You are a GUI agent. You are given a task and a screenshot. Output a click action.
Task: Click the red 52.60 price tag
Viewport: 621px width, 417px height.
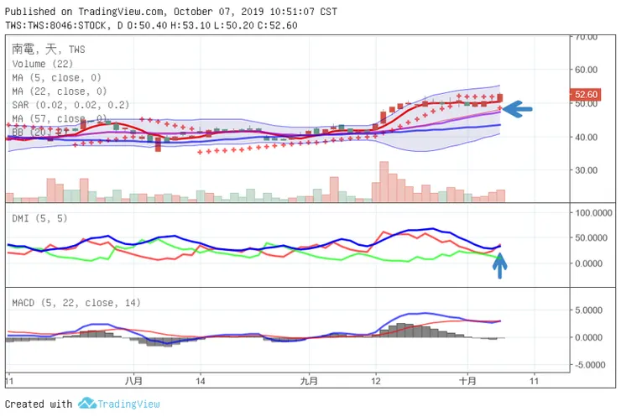pyautogui.click(x=585, y=95)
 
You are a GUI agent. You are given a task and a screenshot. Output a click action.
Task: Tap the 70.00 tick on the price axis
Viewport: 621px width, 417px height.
pyautogui.click(x=585, y=38)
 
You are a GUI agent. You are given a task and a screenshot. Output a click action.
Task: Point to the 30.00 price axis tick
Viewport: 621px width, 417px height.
pyautogui.click(x=585, y=170)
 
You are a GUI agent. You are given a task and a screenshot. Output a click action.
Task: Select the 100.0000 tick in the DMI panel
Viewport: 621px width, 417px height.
pyautogui.click(x=591, y=213)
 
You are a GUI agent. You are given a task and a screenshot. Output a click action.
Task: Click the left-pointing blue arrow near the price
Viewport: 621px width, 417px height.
pyautogui.click(x=518, y=107)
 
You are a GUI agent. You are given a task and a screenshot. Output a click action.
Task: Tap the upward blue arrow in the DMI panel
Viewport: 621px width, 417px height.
pyautogui.click(x=499, y=264)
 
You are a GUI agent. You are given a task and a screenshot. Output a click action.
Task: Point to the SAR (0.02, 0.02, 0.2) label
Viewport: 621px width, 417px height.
pyautogui.click(x=70, y=105)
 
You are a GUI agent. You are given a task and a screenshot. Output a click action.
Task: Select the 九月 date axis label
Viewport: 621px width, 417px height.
pyautogui.click(x=309, y=380)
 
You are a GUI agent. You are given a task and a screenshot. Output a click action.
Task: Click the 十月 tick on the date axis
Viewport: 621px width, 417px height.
pyautogui.click(x=467, y=380)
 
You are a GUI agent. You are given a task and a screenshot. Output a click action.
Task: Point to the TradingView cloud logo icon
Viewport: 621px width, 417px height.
pyautogui.click(x=86, y=404)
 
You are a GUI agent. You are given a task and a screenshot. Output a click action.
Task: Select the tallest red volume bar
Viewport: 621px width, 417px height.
pyautogui.click(x=384, y=181)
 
